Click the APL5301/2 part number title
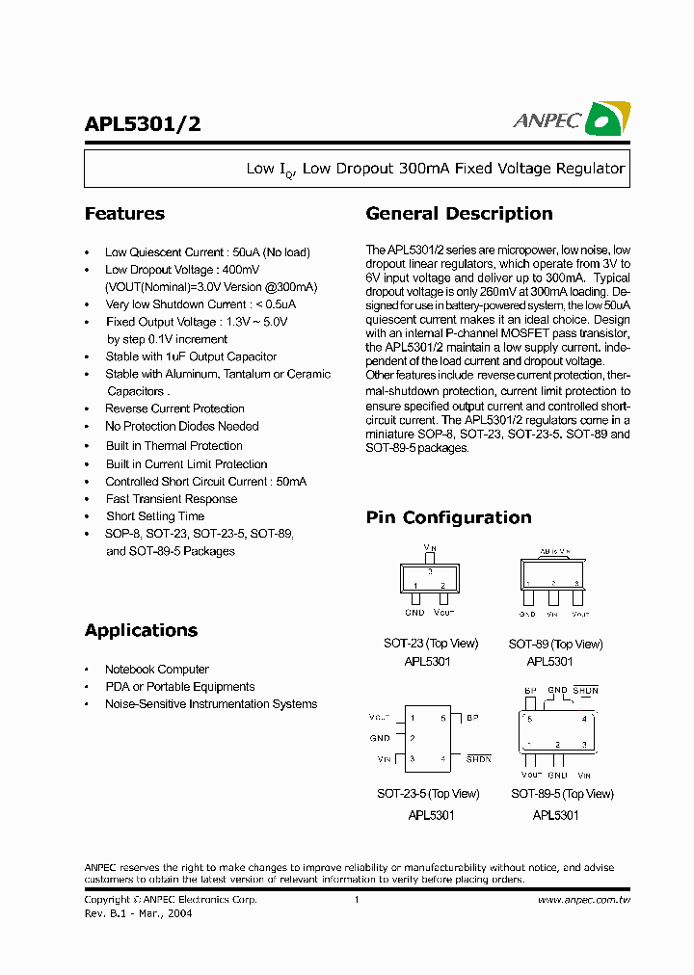pyautogui.click(x=143, y=123)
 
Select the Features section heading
pyautogui.click(x=124, y=214)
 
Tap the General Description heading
pyautogui.click(x=459, y=214)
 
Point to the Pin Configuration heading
pyautogui.click(x=448, y=517)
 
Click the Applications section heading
pyautogui.click(x=141, y=630)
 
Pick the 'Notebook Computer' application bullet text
pyautogui.click(x=157, y=670)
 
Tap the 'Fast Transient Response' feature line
pyautogui.click(x=172, y=499)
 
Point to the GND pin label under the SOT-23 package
pyautogui.click(x=414, y=613)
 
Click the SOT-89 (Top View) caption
pyautogui.click(x=555, y=644)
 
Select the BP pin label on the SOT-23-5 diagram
pyautogui.click(x=472, y=718)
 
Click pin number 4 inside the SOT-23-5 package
pyautogui.click(x=443, y=759)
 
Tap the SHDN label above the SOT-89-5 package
pyautogui.click(x=586, y=691)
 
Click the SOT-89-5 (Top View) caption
pyautogui.click(x=562, y=794)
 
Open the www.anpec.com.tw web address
pyautogui.click(x=583, y=900)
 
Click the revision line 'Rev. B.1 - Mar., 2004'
pyautogui.click(x=138, y=913)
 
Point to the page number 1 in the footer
pyautogui.click(x=357, y=900)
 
